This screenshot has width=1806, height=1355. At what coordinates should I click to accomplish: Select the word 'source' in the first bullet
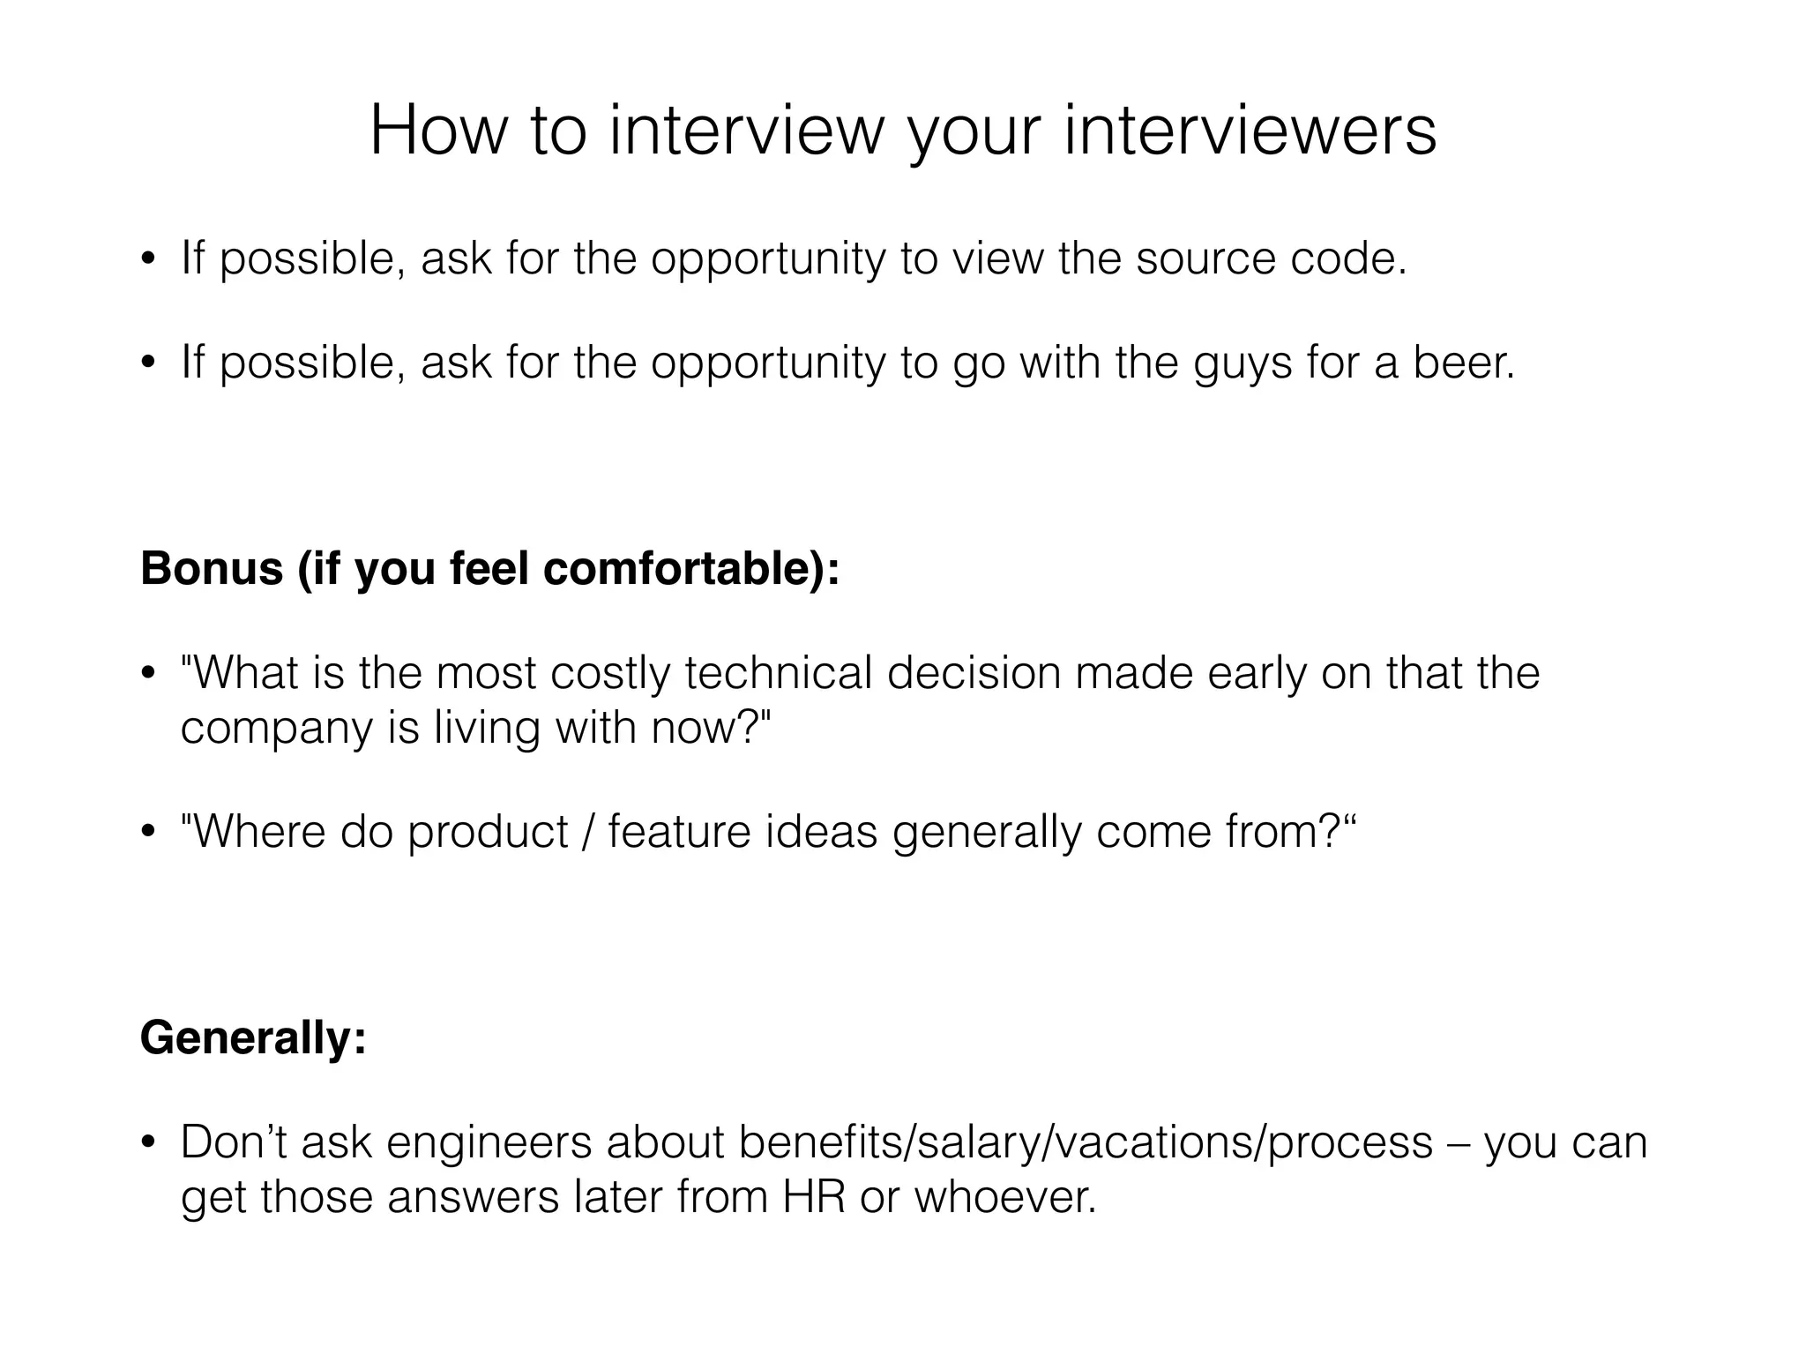1205,258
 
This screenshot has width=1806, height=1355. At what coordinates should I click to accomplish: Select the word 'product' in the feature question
488,832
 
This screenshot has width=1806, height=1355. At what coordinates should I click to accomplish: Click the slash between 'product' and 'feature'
588,832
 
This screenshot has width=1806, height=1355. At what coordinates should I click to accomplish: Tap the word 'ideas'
821,832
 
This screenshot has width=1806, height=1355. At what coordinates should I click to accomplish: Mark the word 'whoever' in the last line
1003,1197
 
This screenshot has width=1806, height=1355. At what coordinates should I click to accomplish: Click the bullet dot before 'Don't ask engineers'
148,1143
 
